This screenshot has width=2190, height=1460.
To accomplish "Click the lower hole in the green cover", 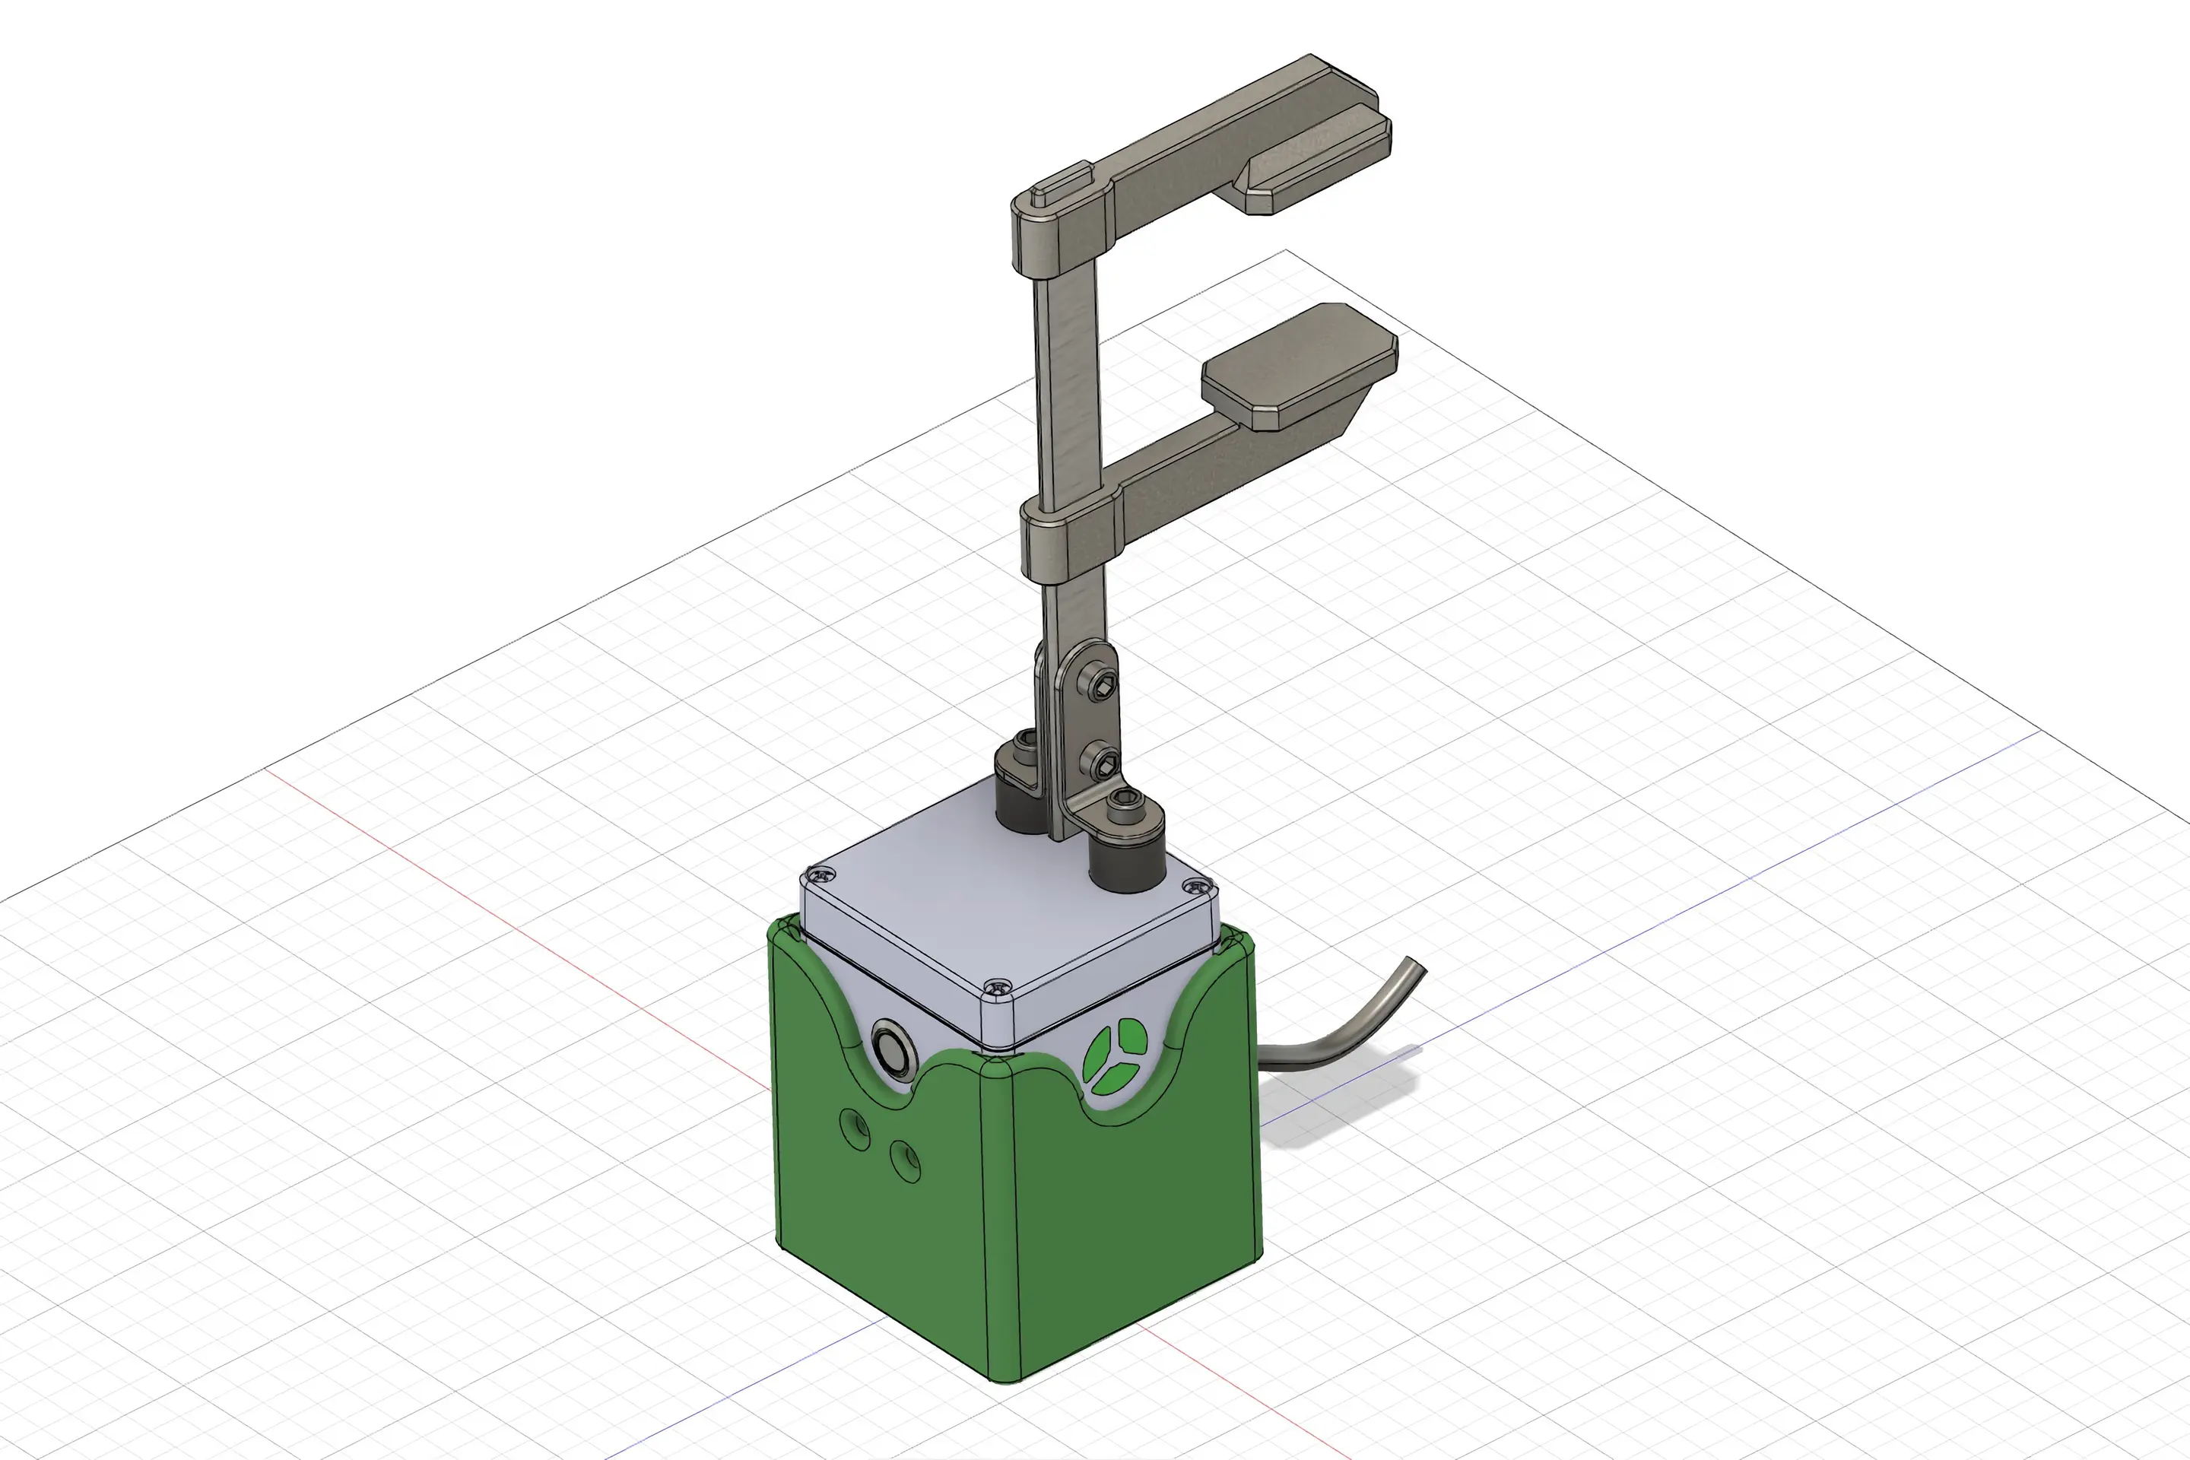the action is click(905, 1161).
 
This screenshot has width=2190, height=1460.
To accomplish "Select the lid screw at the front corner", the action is click(997, 984).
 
